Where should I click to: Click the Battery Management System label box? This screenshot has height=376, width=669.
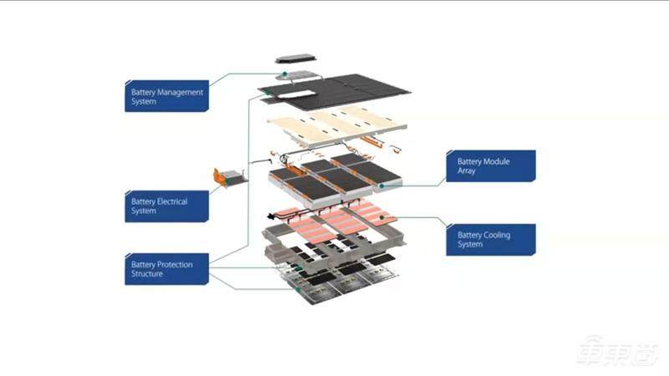pos(166,96)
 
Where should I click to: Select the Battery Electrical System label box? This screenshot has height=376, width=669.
pos(166,206)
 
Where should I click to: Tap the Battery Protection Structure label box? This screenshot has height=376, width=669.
pos(166,269)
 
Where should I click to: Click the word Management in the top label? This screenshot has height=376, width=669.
pos(178,92)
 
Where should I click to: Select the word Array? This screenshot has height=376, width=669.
pos(468,170)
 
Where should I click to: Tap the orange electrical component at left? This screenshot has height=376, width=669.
pos(227,176)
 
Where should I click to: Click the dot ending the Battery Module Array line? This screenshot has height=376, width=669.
pos(381,185)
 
